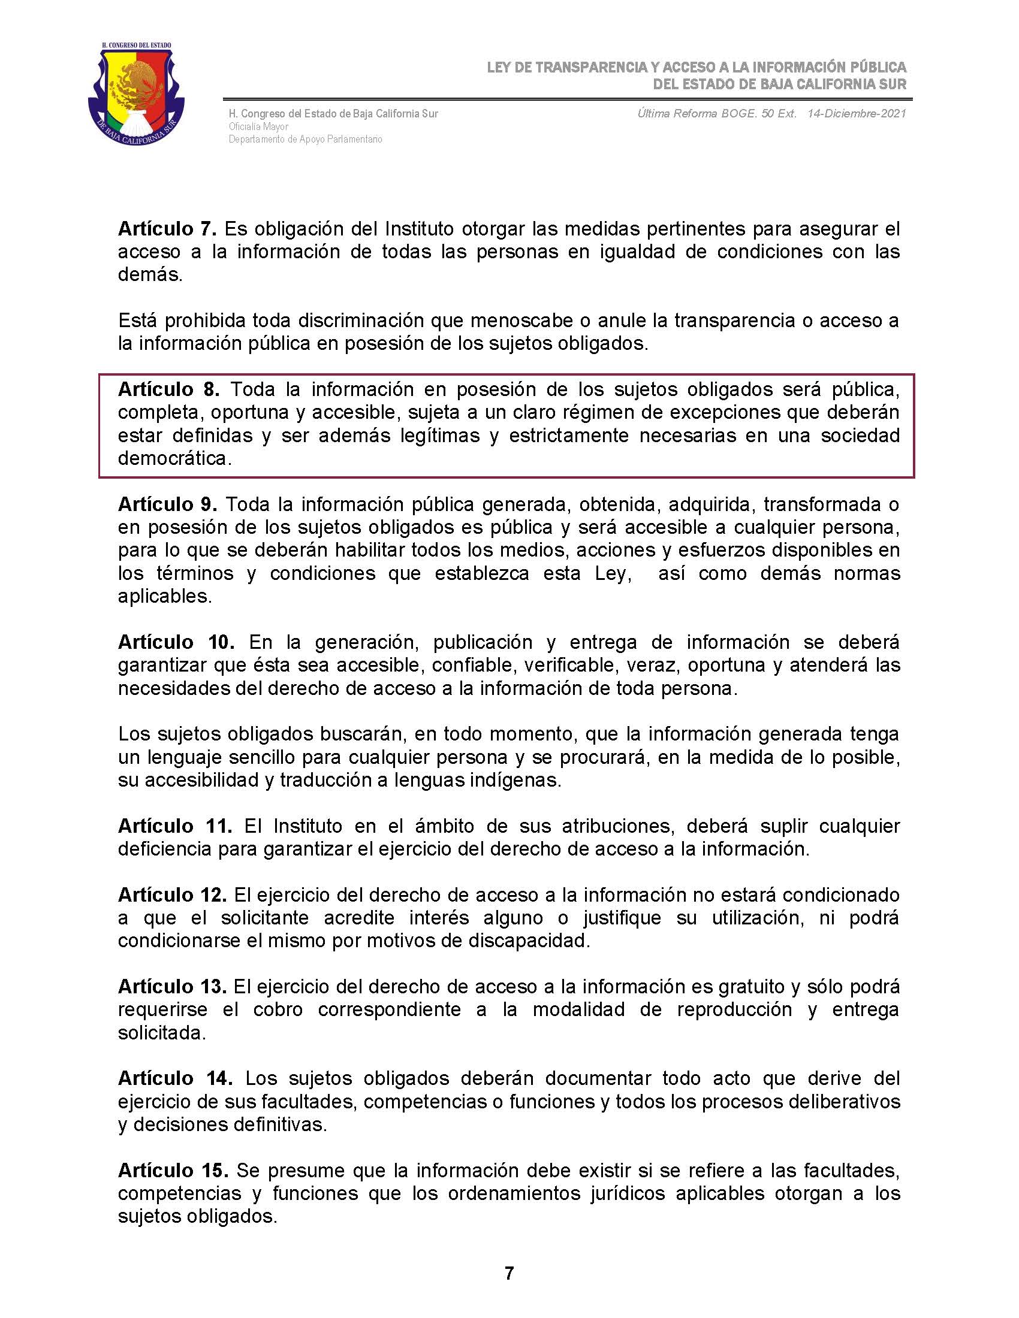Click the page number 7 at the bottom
point(509,1273)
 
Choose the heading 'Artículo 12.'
point(172,895)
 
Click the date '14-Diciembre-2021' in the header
point(857,114)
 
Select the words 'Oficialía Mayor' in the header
point(258,127)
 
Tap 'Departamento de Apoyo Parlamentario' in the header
point(305,140)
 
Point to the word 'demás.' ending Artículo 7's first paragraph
point(150,275)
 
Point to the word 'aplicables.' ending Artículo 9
point(165,596)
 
